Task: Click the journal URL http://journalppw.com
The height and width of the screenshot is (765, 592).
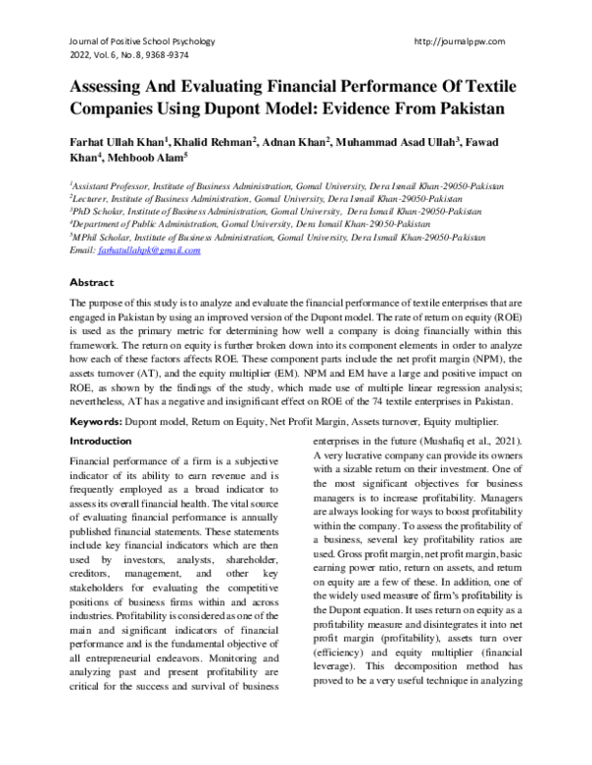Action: coord(463,41)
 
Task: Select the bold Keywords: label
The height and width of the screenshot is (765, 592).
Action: coord(102,421)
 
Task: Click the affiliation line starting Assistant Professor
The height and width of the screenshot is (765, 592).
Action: coord(286,185)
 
